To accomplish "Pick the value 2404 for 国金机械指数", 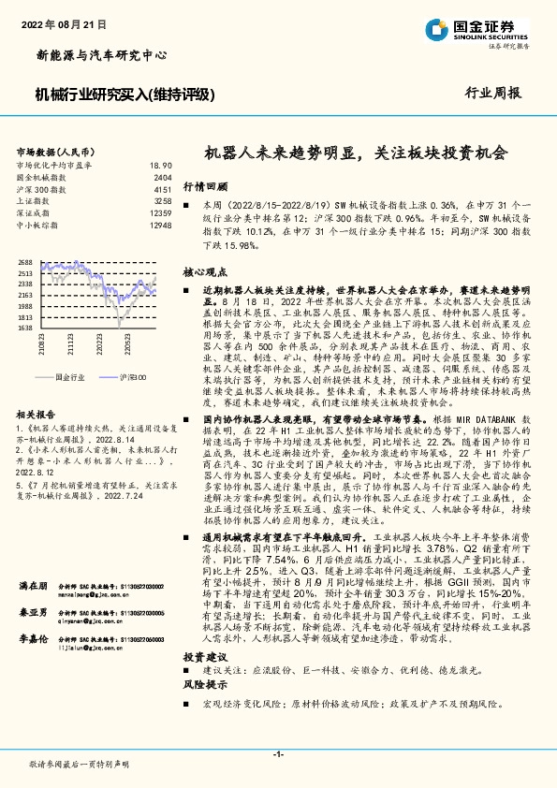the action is click(163, 177).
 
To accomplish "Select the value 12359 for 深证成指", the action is click(160, 213).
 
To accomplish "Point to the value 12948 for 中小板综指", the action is click(160, 226).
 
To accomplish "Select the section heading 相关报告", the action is click(39, 413).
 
